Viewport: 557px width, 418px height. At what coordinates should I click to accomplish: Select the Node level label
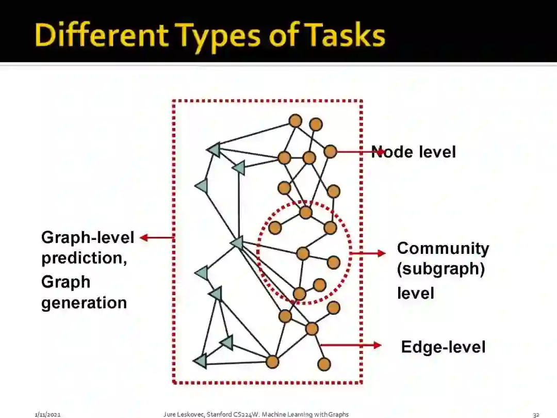414,152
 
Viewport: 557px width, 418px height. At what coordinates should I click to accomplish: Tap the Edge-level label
443,346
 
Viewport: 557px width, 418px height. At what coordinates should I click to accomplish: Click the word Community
443,248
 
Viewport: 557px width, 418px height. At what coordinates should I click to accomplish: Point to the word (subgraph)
441,270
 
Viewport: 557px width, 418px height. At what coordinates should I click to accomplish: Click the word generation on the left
84,302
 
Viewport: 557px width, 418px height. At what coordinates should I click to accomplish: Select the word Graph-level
88,237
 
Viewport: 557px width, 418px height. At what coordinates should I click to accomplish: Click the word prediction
84,258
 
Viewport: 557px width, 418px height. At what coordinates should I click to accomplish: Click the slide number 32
536,414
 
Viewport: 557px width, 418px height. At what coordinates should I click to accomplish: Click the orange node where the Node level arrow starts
330,152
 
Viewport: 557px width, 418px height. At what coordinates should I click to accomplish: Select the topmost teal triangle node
214,149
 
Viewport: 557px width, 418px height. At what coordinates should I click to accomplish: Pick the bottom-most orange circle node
324,364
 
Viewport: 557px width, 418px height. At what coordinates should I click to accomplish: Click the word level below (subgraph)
408,294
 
